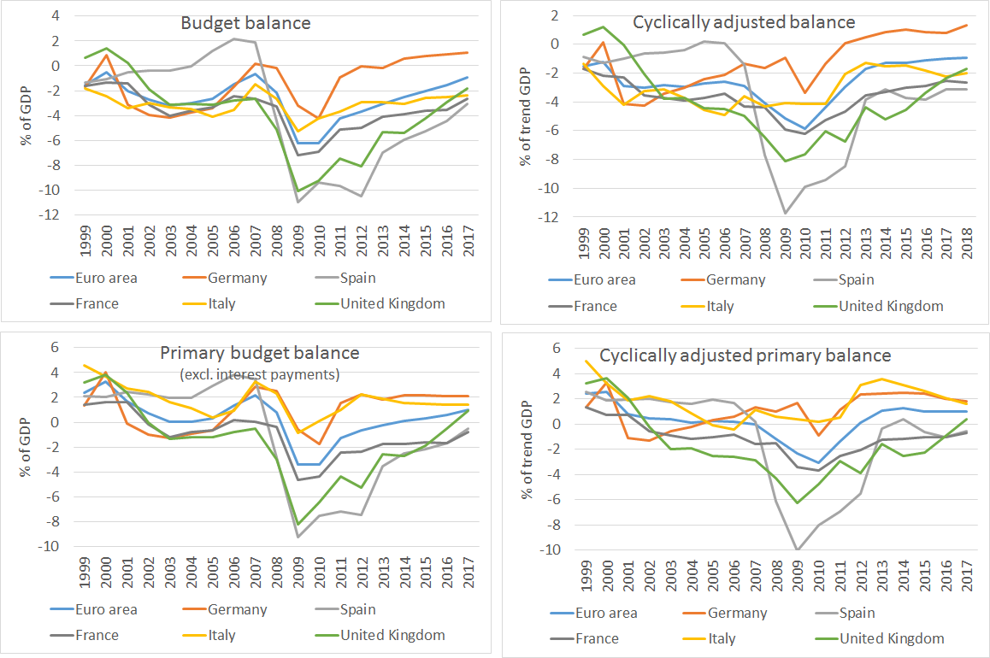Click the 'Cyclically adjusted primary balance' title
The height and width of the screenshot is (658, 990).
point(745,355)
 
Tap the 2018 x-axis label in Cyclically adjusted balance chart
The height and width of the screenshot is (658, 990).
point(968,244)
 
